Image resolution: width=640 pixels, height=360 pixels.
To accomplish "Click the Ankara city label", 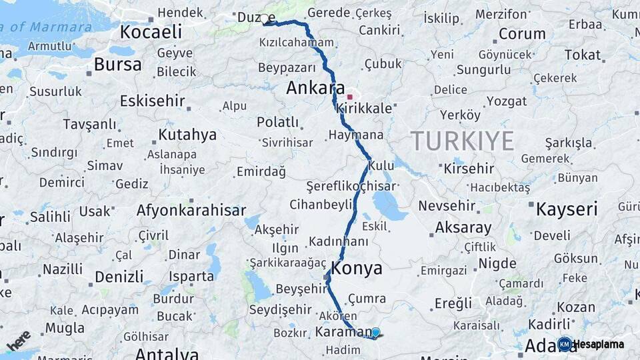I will pyautogui.click(x=315, y=88).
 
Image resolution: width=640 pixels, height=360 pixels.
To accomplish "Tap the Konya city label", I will pyautogui.click(x=357, y=269).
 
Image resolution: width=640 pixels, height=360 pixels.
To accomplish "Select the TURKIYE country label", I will pyautogui.click(x=462, y=141).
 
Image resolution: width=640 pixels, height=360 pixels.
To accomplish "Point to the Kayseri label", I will pyautogui.click(x=567, y=209).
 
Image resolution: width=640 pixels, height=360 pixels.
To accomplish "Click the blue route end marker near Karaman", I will pyautogui.click(x=375, y=333).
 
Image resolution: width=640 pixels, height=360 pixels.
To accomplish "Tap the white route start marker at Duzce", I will pyautogui.click(x=265, y=19).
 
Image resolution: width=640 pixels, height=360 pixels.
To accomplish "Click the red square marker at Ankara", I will pyautogui.click(x=349, y=97).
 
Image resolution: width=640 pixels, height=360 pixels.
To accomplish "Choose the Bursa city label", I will pyautogui.click(x=117, y=65).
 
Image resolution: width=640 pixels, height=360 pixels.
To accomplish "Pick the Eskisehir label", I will pyautogui.click(x=151, y=101).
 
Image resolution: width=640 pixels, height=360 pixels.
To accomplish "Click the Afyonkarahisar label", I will pyautogui.click(x=191, y=211).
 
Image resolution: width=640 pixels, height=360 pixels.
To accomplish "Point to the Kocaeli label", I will pyautogui.click(x=151, y=31).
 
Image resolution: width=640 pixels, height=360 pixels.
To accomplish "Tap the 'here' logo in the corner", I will pyautogui.click(x=18, y=340).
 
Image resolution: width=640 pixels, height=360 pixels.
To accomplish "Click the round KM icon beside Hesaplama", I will pyautogui.click(x=565, y=344).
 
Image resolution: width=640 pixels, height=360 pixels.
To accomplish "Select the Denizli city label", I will pyautogui.click(x=119, y=277).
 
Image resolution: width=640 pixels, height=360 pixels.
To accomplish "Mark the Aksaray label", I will pyautogui.click(x=463, y=228).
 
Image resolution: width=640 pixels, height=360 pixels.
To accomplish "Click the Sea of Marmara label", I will pyautogui.click(x=47, y=27).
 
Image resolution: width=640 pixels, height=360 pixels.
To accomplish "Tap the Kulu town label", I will pyautogui.click(x=382, y=165).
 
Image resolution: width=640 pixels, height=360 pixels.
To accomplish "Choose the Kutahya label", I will pyautogui.click(x=187, y=135).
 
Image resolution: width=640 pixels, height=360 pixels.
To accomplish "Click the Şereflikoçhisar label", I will pyautogui.click(x=351, y=187).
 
